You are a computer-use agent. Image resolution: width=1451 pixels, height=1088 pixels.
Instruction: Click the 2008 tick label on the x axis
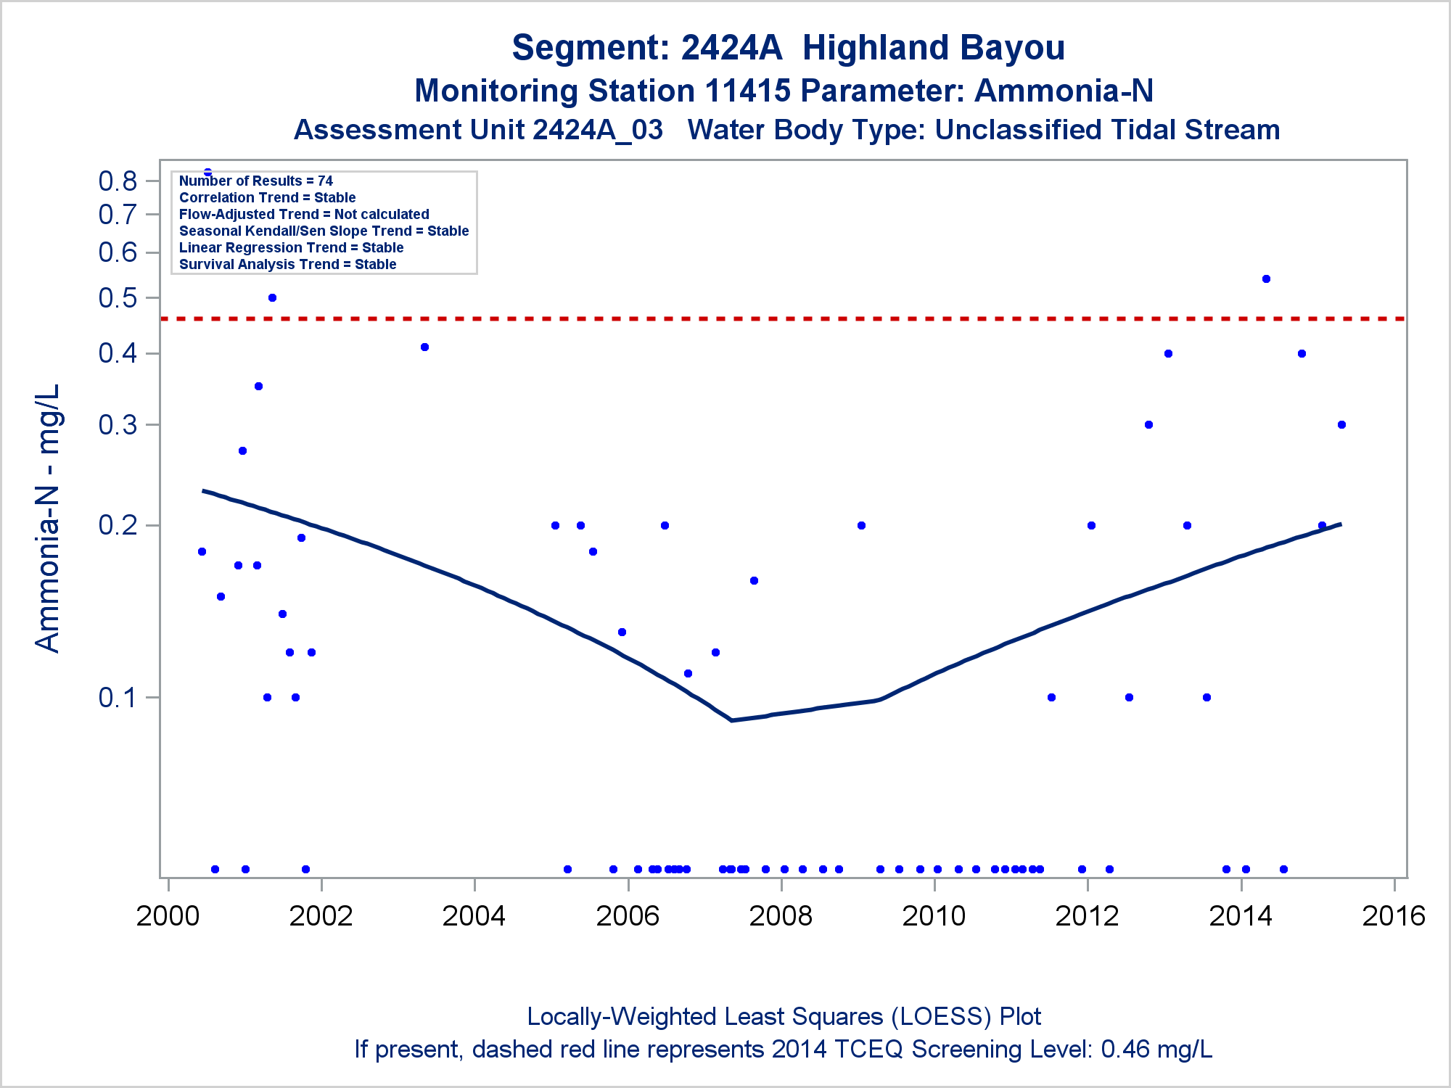point(781,916)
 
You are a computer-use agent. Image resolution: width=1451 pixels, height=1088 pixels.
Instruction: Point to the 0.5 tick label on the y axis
point(118,298)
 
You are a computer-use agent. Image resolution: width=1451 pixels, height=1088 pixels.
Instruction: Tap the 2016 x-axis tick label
point(1394,916)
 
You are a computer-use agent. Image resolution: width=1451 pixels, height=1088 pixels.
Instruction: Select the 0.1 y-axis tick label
point(118,698)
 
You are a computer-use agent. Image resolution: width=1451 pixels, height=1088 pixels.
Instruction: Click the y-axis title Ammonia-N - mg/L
point(48,518)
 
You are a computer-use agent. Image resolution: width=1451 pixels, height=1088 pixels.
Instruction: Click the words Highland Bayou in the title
point(933,48)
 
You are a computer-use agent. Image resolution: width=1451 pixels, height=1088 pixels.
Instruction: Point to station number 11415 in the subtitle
point(747,91)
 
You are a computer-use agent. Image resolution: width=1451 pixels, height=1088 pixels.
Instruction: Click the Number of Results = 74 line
point(256,181)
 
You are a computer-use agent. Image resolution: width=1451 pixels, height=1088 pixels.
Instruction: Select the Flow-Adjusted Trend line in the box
point(304,214)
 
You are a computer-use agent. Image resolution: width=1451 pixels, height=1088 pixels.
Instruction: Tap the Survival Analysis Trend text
point(287,264)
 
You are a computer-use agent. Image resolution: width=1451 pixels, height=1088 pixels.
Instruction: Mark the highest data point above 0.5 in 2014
point(1266,279)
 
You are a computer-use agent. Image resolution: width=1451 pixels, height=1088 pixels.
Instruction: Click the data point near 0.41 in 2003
point(424,347)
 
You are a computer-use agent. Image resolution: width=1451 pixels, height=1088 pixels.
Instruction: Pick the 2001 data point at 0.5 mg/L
point(272,297)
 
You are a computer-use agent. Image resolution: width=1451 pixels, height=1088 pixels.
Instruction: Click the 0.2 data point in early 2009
point(861,525)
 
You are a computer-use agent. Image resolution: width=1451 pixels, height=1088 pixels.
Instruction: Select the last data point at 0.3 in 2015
point(1341,424)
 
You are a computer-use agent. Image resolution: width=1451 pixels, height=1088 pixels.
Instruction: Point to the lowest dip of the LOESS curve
point(731,720)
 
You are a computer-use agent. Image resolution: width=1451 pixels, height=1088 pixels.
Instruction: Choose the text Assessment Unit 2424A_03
point(478,130)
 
